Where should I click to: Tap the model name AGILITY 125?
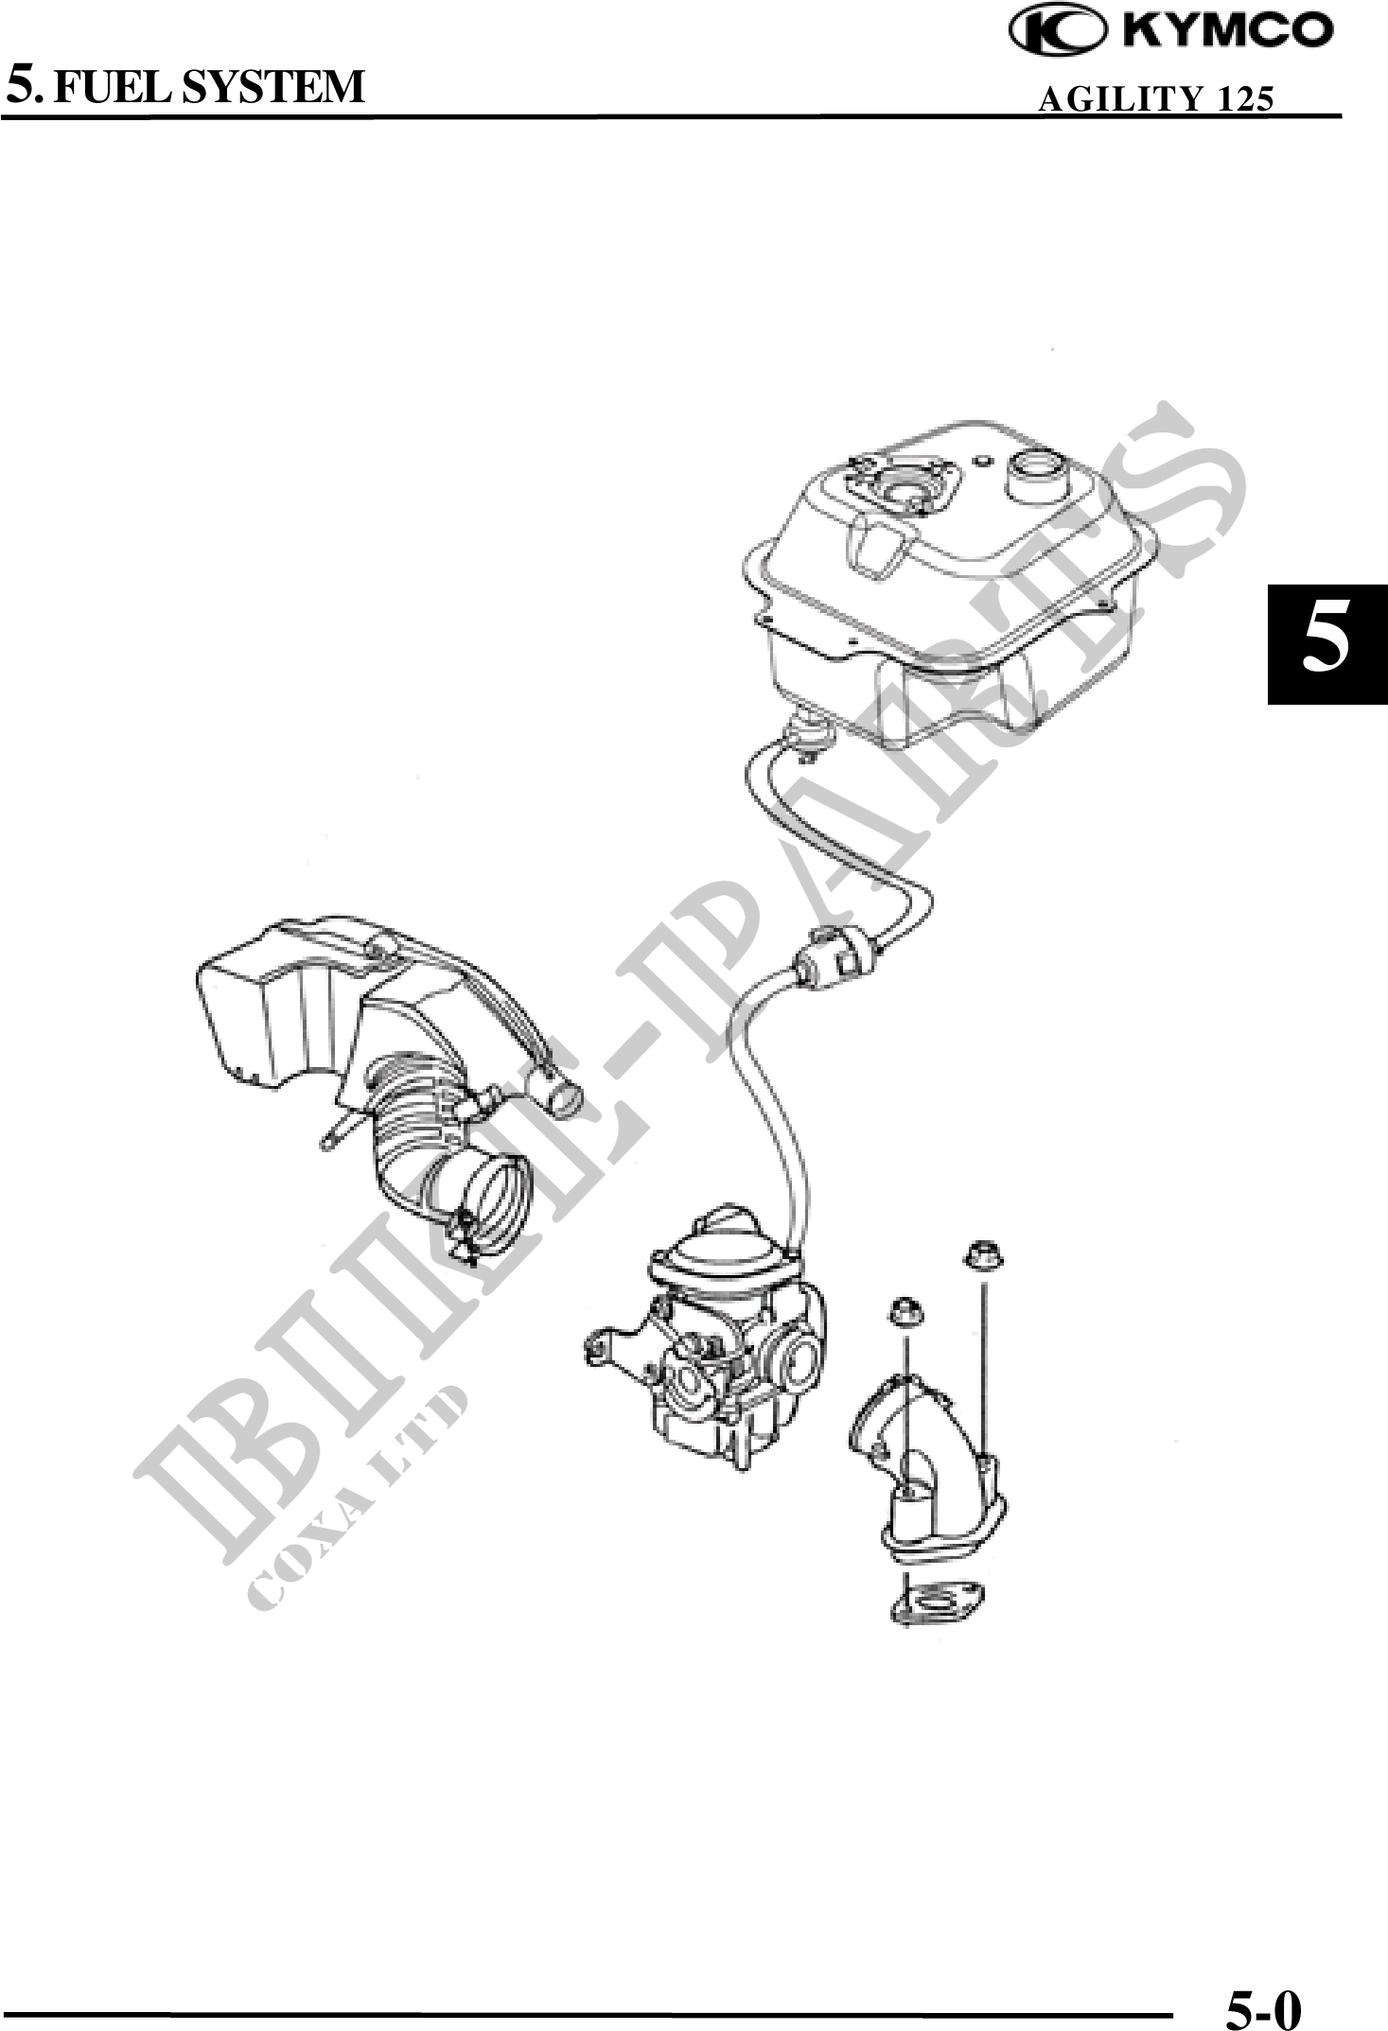click(x=1155, y=98)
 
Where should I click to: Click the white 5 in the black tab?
click(x=1327, y=643)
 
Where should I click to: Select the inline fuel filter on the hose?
click(x=836, y=952)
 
